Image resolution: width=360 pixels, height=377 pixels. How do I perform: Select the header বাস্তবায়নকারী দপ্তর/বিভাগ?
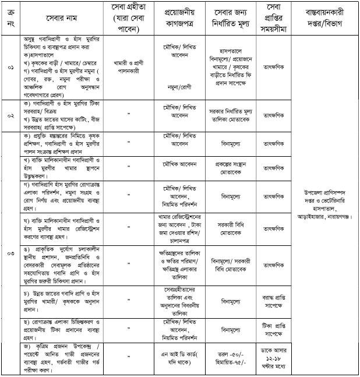click(x=325, y=17)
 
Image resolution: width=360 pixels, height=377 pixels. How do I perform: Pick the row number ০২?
click(x=9, y=115)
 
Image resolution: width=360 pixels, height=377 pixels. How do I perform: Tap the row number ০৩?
click(x=9, y=254)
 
